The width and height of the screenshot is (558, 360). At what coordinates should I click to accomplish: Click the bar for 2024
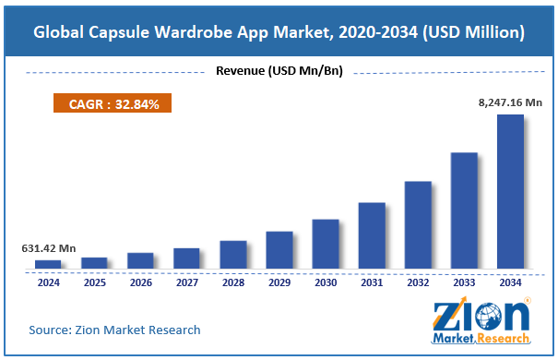48,265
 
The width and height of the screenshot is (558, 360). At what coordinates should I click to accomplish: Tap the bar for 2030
326,245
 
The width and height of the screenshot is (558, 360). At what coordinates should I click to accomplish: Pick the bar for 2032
418,225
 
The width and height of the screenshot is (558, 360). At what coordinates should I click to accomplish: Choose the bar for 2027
186,258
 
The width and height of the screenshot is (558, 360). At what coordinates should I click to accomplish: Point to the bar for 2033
464,211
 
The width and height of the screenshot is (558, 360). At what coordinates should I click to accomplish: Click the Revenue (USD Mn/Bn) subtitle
279,71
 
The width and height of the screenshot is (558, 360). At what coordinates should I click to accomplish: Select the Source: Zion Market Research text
114,330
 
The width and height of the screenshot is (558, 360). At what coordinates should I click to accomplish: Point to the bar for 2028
232,256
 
